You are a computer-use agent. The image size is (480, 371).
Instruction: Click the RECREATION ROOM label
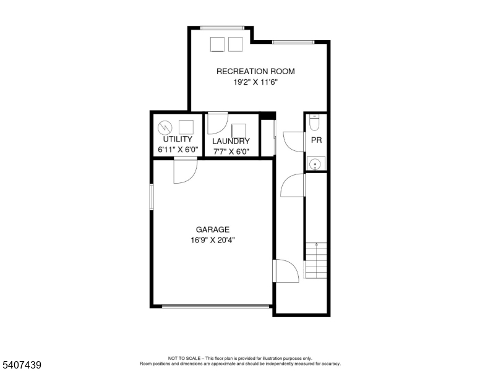tap(255, 71)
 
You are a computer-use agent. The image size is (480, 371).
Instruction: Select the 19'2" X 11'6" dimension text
tap(255, 82)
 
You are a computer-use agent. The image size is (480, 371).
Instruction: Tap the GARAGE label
tap(213, 229)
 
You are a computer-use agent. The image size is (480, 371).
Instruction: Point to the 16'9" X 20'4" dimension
tap(213, 240)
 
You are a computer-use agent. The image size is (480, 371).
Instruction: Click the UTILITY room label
tap(178, 139)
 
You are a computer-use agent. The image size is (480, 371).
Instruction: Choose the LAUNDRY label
tap(231, 141)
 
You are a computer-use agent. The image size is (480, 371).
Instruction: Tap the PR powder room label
tap(317, 140)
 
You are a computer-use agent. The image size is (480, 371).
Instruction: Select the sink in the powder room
tap(315, 163)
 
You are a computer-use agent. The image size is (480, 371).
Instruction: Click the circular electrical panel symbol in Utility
tap(165, 127)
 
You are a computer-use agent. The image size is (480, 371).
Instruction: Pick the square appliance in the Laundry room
tap(239, 130)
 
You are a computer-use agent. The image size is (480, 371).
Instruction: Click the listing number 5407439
tap(22, 365)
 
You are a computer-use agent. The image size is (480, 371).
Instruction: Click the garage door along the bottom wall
tap(216, 306)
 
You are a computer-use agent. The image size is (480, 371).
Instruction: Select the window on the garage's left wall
tap(151, 197)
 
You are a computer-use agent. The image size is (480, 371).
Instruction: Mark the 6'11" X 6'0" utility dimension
tap(178, 150)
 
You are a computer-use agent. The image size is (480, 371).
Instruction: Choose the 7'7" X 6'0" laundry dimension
tap(231, 151)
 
